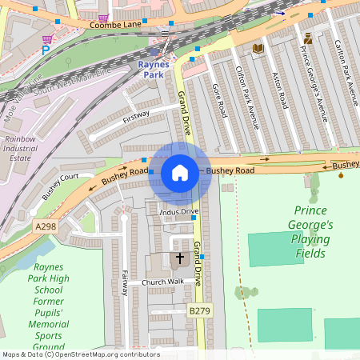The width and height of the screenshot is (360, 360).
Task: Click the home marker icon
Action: [180, 172]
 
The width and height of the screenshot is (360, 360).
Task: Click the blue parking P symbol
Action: [46, 50]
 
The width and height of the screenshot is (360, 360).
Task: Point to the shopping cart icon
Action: [48, 38]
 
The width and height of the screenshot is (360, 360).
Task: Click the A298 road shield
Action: [46, 228]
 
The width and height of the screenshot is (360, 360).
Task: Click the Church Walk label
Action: [162, 282]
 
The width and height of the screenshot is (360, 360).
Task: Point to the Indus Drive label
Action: [178, 212]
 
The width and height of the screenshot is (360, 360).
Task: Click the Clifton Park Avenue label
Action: [247, 97]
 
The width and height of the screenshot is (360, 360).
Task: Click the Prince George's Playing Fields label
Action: [309, 232]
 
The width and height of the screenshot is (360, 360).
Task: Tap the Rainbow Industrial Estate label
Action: [20, 148]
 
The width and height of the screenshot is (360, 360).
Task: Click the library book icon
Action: [258, 50]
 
